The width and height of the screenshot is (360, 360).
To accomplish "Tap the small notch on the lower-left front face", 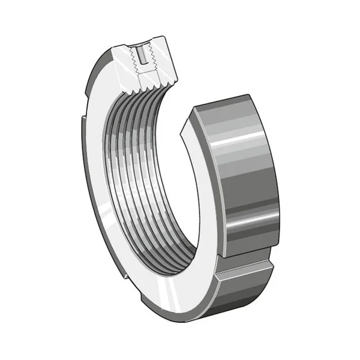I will click(x=125, y=277).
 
